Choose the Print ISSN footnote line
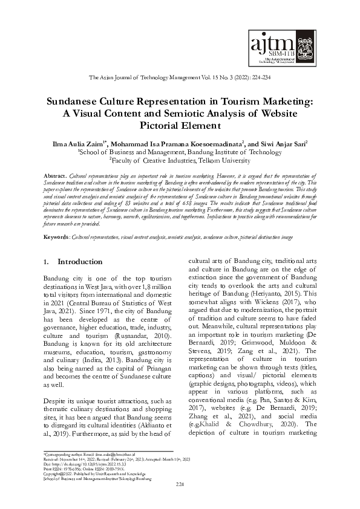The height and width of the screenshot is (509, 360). tap(73, 465)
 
